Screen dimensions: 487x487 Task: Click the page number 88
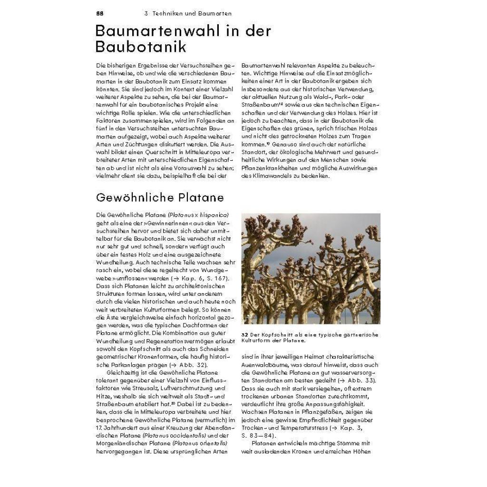[99, 13]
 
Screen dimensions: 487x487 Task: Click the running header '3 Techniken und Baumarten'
[188, 13]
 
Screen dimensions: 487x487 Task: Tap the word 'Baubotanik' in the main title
[141, 47]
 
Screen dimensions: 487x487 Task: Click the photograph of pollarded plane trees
[311, 269]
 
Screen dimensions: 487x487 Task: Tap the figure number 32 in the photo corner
[249, 315]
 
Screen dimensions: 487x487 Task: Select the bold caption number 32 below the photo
[245, 334]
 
